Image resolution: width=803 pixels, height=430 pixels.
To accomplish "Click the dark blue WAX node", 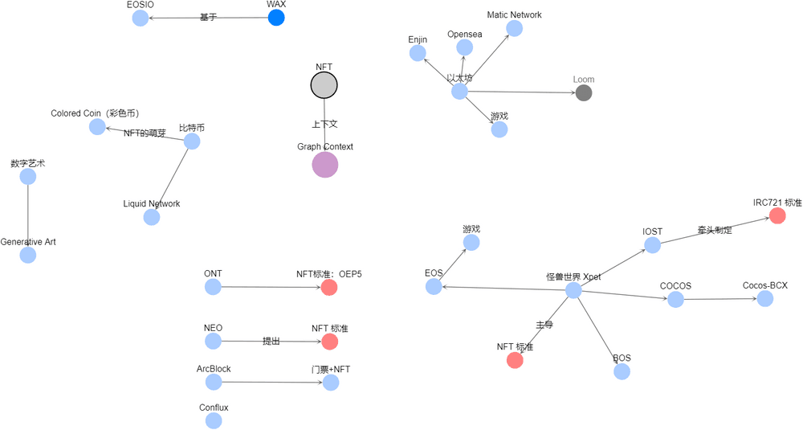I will coord(276,18).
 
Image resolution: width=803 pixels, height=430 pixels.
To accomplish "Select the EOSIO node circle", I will coord(140,18).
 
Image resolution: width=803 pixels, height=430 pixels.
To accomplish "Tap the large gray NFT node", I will coord(324,84).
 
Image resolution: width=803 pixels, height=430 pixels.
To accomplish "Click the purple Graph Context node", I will coord(325,164).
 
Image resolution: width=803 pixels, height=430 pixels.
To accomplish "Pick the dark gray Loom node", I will coord(584,92).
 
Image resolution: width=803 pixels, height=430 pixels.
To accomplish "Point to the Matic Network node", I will coord(514,28).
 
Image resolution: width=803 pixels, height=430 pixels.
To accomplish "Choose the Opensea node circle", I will coord(464,47).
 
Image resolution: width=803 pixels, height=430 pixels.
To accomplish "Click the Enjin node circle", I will coord(418,53).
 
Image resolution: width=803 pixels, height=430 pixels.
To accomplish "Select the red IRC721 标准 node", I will coord(777,215).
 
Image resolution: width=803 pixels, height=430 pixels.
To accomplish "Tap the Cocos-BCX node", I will coord(765,298).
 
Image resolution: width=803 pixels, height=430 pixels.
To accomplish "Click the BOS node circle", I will coord(622,371).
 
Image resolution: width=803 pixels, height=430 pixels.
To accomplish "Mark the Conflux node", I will coord(214,421).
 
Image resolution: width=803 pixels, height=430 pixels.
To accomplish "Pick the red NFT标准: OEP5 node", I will coord(329,287).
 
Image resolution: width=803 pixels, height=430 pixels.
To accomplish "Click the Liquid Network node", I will coord(152,217).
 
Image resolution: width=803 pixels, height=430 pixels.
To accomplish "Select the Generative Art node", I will coord(28,255).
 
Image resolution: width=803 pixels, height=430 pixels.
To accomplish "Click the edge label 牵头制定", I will coord(715,231).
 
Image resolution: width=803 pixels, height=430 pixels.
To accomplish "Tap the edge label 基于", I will coord(208,17).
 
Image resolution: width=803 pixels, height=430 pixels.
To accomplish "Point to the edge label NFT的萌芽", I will coord(145,133).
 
